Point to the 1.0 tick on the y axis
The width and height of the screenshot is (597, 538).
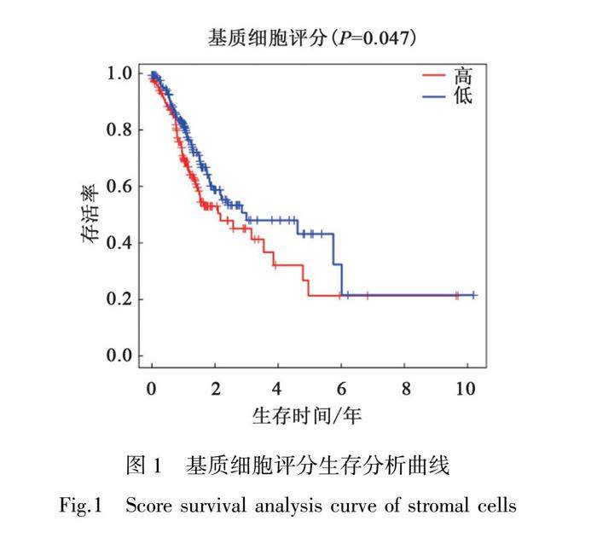click(x=119, y=73)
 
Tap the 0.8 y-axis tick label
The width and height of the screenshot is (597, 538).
click(x=119, y=130)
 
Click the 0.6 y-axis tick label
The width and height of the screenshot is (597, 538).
click(x=119, y=186)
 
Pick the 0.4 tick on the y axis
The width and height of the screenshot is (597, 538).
click(x=119, y=243)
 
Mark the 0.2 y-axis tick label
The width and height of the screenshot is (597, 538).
click(x=119, y=299)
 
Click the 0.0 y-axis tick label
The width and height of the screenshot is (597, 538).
click(x=119, y=356)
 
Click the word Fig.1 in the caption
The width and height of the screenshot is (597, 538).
click(x=81, y=505)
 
